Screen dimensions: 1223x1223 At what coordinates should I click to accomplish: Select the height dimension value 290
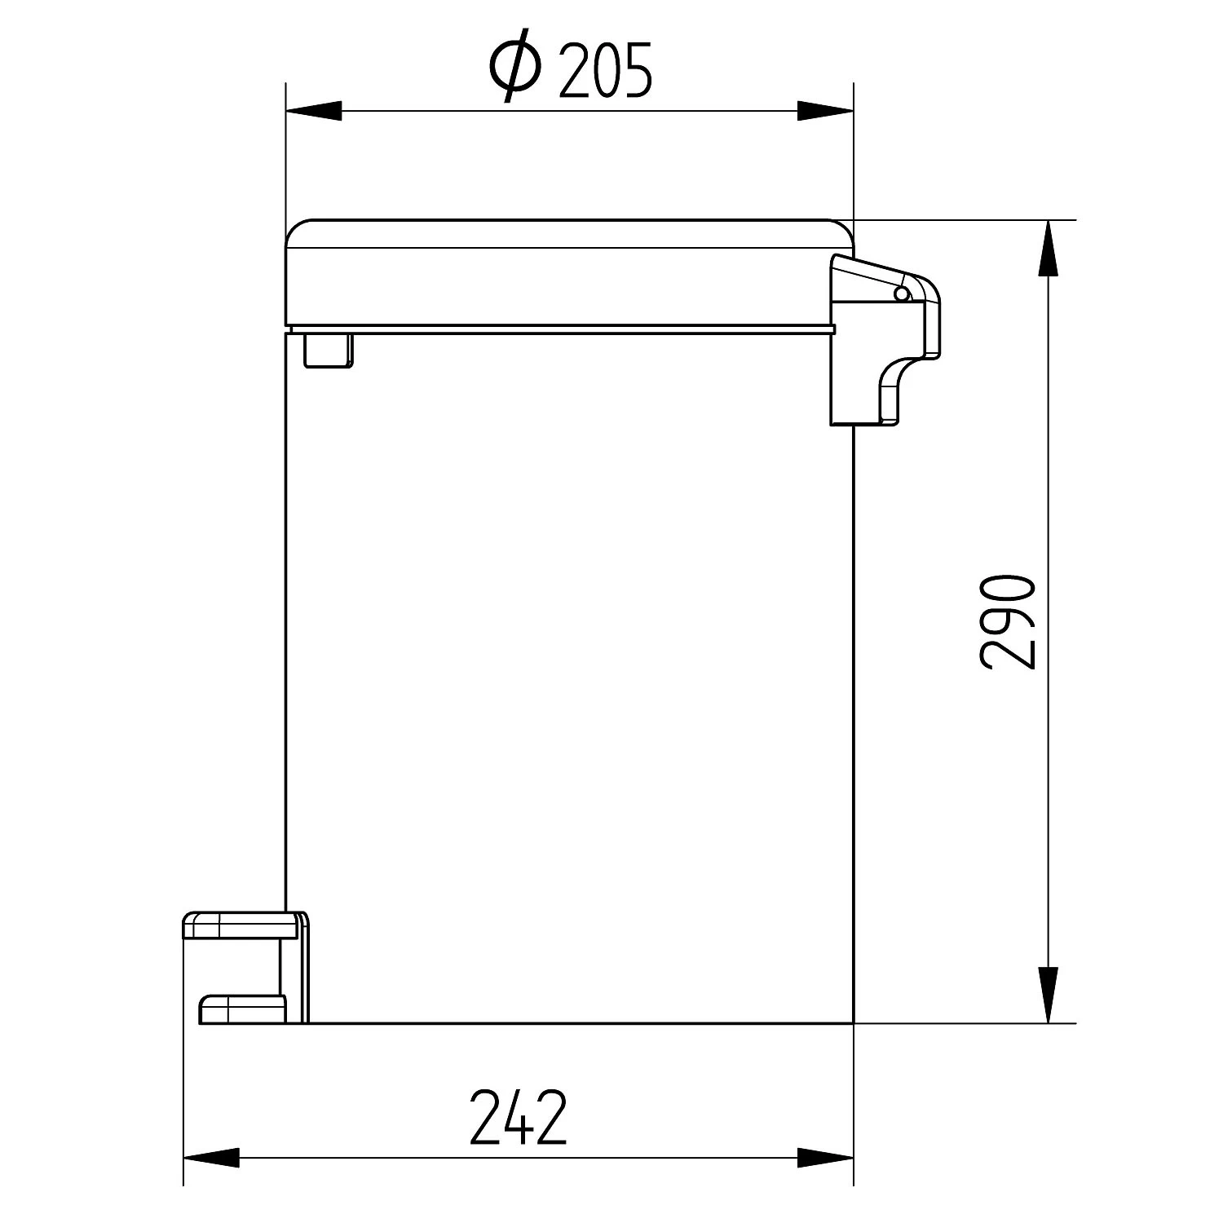[x=1007, y=621]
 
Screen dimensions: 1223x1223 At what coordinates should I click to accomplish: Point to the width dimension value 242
[x=518, y=1116]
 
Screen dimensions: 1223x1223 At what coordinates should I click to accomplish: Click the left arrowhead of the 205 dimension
[x=313, y=111]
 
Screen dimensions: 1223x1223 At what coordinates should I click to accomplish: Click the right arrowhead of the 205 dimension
[x=825, y=111]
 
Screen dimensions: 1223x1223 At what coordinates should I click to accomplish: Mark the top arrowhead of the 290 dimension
[x=1049, y=248]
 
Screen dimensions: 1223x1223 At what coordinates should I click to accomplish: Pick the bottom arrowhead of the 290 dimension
[x=1049, y=995]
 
